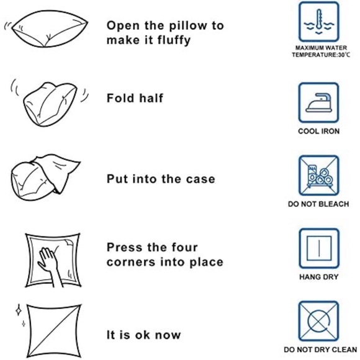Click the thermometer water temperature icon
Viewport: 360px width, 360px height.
click(x=318, y=22)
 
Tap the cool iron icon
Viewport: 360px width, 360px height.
click(x=318, y=102)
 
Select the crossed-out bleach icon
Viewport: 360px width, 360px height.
click(x=318, y=176)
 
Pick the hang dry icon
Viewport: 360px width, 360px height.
click(x=318, y=248)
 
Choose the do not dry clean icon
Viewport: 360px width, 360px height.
click(x=318, y=321)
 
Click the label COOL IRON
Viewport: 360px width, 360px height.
click(x=318, y=132)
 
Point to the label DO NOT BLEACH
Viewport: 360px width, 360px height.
click(x=318, y=204)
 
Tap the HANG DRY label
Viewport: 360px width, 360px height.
click(x=318, y=277)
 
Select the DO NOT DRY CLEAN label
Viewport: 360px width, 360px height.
click(x=320, y=349)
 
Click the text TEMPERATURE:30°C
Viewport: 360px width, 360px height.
click(x=321, y=55)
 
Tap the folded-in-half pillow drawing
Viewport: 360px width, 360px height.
click(x=50, y=104)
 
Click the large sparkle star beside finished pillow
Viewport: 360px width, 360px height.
click(x=19, y=310)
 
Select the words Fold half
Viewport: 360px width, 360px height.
click(x=135, y=98)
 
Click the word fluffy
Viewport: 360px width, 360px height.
click(x=174, y=40)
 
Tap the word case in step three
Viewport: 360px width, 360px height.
click(x=200, y=179)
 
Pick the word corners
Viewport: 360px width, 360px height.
click(x=131, y=263)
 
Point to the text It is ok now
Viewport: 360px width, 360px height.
click(x=144, y=335)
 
